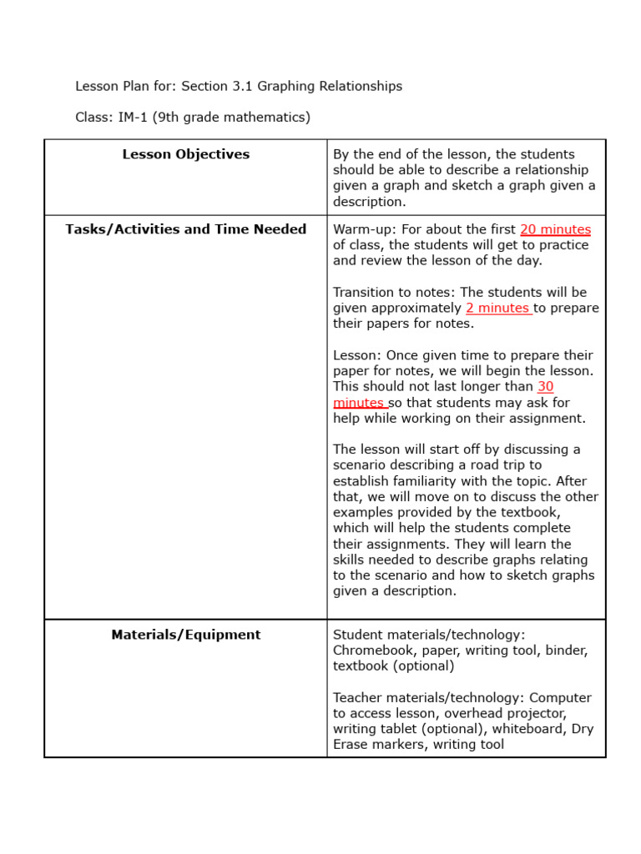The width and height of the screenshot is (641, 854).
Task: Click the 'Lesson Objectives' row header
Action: tap(185, 154)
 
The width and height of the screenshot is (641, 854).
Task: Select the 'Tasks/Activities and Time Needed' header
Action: tap(185, 229)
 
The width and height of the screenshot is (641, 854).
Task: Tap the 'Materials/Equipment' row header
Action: tap(185, 635)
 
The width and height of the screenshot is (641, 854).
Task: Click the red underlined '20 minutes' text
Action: tap(555, 229)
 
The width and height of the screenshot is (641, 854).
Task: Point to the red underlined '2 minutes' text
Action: tap(497, 308)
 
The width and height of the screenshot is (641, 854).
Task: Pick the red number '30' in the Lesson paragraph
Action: tap(545, 386)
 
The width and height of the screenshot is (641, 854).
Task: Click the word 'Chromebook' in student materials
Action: tap(373, 651)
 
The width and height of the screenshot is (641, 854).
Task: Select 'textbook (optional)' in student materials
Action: tap(393, 666)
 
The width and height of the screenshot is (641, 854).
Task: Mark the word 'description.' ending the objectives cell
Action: tap(369, 202)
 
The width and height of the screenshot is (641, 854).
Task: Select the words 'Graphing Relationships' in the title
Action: tap(330, 86)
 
